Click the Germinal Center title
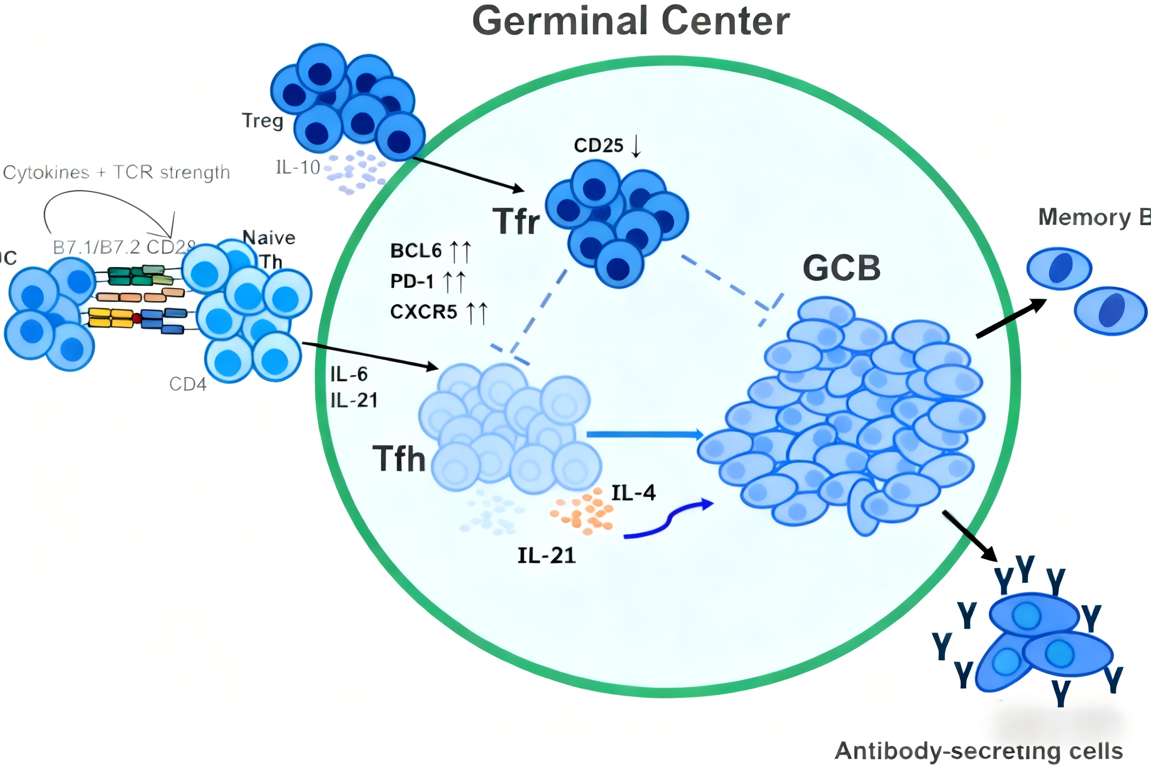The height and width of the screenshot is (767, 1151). (x=631, y=22)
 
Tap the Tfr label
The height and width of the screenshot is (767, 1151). (x=516, y=222)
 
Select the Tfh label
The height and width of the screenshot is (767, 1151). (x=399, y=459)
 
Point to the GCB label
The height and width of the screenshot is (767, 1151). (x=842, y=268)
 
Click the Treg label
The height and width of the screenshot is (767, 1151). (x=263, y=120)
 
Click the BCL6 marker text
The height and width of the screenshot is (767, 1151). (x=416, y=251)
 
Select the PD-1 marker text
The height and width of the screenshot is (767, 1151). (x=412, y=281)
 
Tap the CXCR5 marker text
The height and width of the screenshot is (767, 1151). (x=424, y=312)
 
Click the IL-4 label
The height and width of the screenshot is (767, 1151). (x=633, y=493)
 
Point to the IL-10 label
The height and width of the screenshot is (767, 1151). (x=297, y=168)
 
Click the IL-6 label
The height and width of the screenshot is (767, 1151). (x=349, y=375)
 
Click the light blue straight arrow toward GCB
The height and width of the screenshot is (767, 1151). (x=644, y=434)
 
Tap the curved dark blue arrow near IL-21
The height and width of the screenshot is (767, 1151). (x=668, y=521)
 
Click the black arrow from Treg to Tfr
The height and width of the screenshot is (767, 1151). (x=467, y=174)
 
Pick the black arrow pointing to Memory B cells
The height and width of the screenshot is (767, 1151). (x=1011, y=318)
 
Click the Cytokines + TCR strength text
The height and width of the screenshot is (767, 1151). (x=117, y=172)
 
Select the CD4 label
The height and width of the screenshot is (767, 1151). (x=188, y=384)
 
